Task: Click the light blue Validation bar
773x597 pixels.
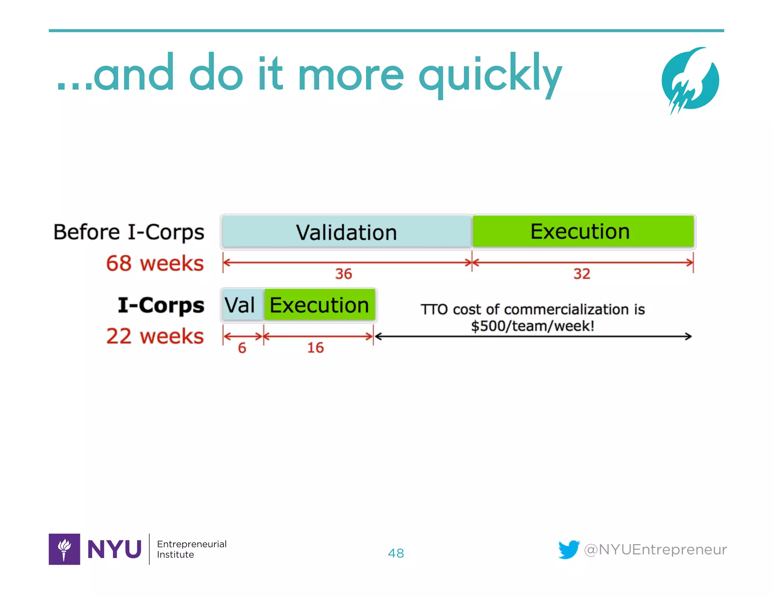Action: pyautogui.click(x=346, y=232)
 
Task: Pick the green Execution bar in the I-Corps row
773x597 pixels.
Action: pyautogui.click(x=319, y=305)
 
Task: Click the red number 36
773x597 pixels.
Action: pyautogui.click(x=343, y=274)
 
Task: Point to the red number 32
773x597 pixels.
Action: pyautogui.click(x=582, y=274)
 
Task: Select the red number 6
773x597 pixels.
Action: pyautogui.click(x=242, y=348)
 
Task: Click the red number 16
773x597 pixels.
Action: pyautogui.click(x=315, y=348)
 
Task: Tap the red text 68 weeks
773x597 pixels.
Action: pyautogui.click(x=155, y=263)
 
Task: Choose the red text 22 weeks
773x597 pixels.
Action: pyautogui.click(x=155, y=336)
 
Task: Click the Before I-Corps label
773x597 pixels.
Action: pyautogui.click(x=129, y=232)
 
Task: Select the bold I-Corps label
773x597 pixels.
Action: pyautogui.click(x=161, y=305)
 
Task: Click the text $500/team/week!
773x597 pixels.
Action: pyautogui.click(x=533, y=326)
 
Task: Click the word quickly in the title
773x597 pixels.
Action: pyautogui.click(x=490, y=75)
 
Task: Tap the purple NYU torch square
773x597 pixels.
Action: pyautogui.click(x=64, y=549)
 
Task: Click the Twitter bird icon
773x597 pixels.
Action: pyautogui.click(x=569, y=549)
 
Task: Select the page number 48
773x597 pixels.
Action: pyautogui.click(x=396, y=553)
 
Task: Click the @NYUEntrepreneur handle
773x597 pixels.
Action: pyautogui.click(x=655, y=549)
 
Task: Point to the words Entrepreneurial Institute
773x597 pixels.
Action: pyautogui.click(x=191, y=549)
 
